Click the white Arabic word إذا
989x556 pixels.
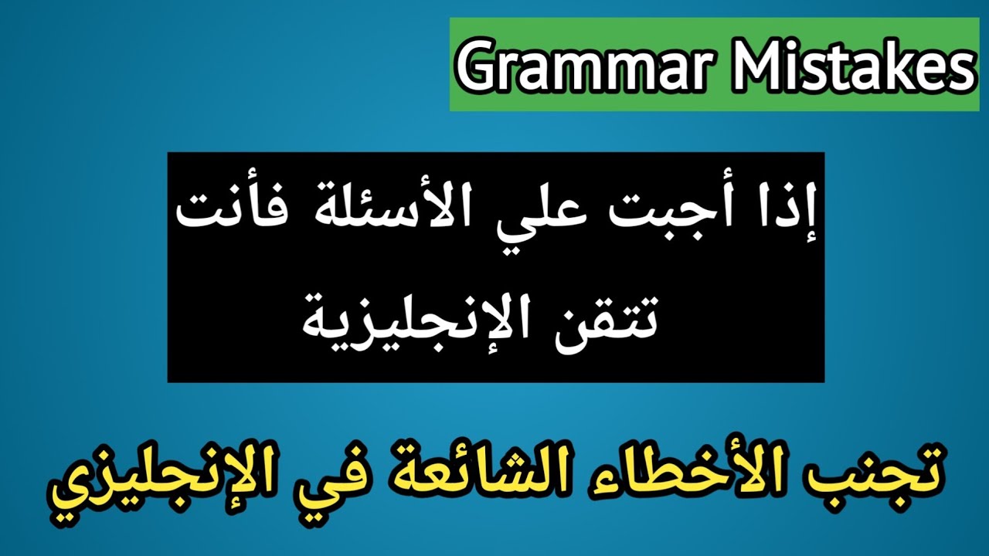click(x=788, y=215)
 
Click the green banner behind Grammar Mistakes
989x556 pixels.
click(x=711, y=100)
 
